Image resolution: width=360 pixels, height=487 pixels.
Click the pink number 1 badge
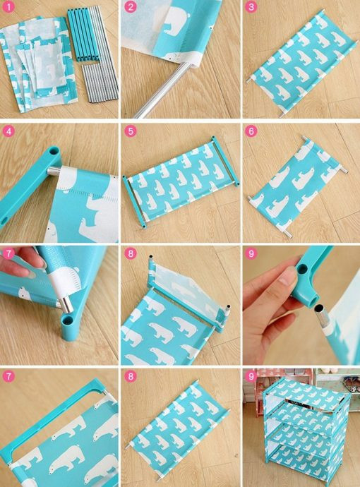(x=8, y=7)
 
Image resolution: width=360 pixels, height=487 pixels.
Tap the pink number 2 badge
(x=131, y=7)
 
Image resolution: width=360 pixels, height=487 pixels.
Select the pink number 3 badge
(x=251, y=7)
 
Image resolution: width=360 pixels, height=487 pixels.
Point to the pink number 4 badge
(x=8, y=131)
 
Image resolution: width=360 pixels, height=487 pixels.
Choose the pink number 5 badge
(x=131, y=131)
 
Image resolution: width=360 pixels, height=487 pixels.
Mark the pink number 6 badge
(x=251, y=131)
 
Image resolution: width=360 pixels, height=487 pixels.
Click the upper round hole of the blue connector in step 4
(x=54, y=151)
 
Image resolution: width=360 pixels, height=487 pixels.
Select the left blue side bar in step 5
(x=134, y=202)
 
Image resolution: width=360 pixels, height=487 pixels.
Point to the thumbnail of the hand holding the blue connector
(x=301, y=305)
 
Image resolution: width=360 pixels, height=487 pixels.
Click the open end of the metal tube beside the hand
(x=318, y=308)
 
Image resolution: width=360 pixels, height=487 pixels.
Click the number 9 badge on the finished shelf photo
(x=251, y=376)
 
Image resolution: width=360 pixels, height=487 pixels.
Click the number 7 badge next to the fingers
(x=8, y=254)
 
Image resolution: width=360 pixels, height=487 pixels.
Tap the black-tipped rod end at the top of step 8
(x=151, y=257)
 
